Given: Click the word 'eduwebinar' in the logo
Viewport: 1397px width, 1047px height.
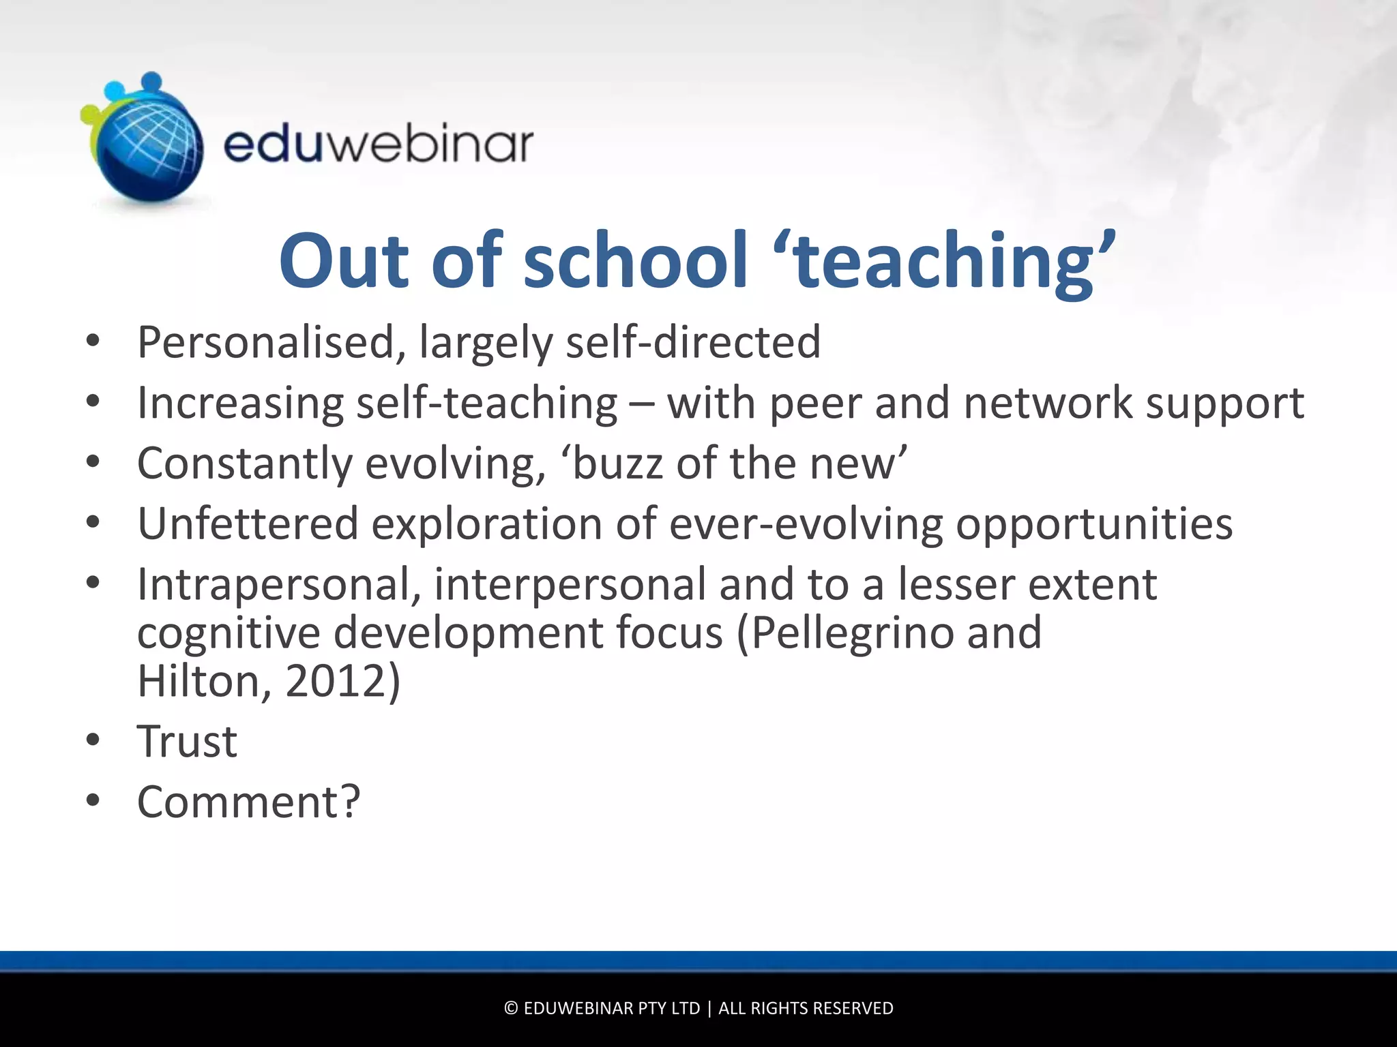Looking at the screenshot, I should tap(378, 145).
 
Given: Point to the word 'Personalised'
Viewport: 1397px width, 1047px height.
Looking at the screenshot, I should tap(266, 342).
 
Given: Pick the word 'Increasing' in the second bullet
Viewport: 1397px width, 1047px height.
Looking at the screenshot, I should tap(240, 403).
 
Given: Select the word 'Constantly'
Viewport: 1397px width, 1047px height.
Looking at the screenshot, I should tap(245, 464).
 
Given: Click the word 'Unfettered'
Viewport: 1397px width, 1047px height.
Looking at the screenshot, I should tap(248, 524).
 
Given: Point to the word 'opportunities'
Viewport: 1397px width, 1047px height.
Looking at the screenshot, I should tap(1094, 524).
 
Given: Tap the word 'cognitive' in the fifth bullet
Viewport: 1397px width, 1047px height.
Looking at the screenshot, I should tap(229, 633).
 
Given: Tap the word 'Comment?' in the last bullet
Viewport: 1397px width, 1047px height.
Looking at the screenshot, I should tap(248, 802).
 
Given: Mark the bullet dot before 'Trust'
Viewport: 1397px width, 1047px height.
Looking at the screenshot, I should tap(93, 740).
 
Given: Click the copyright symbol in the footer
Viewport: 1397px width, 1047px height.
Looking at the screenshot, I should tap(511, 1008).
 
